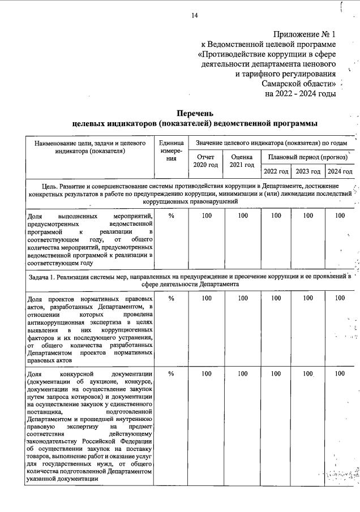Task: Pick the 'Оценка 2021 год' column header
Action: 242,161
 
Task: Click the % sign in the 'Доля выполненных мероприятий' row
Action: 171,216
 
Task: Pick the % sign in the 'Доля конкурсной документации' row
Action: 171,374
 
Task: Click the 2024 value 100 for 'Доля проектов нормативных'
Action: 340,298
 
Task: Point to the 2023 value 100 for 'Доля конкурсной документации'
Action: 308,374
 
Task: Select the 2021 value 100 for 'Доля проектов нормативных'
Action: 242,298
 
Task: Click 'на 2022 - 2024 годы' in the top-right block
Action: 300,93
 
